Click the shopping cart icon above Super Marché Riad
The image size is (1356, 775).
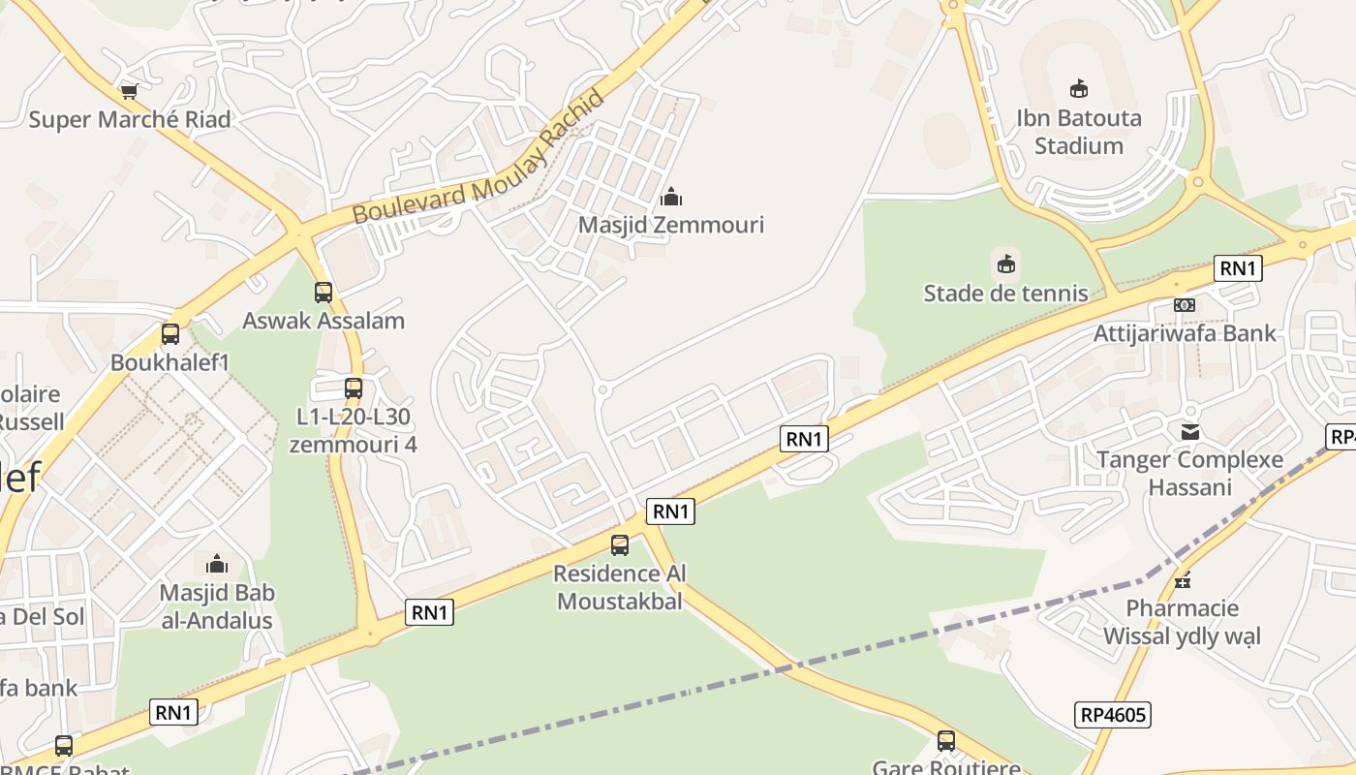click(x=129, y=92)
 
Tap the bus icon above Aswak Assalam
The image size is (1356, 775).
click(x=324, y=292)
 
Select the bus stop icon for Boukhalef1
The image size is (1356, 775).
click(x=170, y=334)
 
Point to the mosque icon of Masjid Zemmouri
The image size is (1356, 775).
click(x=670, y=198)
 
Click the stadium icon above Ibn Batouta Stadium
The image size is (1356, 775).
click(x=1078, y=89)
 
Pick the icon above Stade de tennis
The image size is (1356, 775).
click(x=1006, y=263)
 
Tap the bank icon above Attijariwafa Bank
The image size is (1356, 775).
click(x=1184, y=305)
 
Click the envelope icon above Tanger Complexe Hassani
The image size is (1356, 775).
click(x=1189, y=431)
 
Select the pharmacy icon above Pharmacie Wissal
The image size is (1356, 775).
click(x=1182, y=580)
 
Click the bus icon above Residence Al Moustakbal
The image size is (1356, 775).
click(x=619, y=545)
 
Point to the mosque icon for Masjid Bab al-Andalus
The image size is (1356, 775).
click(x=217, y=564)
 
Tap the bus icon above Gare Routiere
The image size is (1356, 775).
click(x=946, y=741)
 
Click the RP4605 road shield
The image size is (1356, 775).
click(x=1113, y=716)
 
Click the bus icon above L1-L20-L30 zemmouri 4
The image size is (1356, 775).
click(x=354, y=388)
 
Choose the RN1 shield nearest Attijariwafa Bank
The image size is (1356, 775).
click(x=1238, y=268)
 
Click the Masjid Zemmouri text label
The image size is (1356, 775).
click(x=671, y=225)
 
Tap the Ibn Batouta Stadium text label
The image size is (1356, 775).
click(x=1078, y=132)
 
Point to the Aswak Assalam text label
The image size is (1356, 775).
click(x=324, y=321)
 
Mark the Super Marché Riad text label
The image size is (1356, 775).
click(x=130, y=120)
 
